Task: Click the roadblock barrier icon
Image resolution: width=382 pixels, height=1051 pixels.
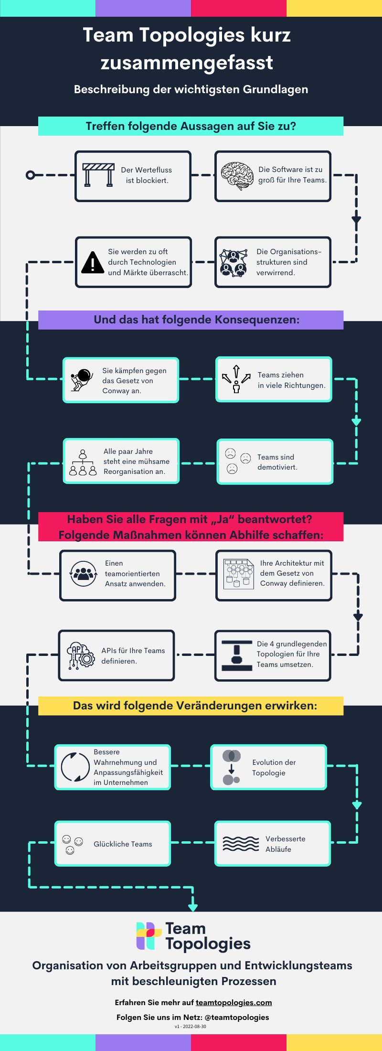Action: pyautogui.click(x=98, y=175)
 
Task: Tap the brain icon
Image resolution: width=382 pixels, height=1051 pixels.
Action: pyautogui.click(x=237, y=175)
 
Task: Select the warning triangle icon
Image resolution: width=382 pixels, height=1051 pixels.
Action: pyautogui.click(x=93, y=262)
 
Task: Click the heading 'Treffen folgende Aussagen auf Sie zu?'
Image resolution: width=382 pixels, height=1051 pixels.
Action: pyautogui.click(x=191, y=126)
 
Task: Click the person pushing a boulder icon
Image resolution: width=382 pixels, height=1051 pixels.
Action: pyautogui.click(x=82, y=380)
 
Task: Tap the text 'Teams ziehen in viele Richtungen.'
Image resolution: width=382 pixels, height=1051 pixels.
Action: pyautogui.click(x=291, y=380)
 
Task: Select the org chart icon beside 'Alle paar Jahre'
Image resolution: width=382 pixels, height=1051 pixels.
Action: pyautogui.click(x=83, y=462)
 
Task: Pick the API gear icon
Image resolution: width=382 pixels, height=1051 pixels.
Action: pyautogui.click(x=81, y=655)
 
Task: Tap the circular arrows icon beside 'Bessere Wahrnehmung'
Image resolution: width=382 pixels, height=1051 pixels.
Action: pyautogui.click(x=75, y=767)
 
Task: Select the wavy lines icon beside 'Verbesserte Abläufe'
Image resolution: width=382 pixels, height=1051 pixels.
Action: pyautogui.click(x=241, y=844)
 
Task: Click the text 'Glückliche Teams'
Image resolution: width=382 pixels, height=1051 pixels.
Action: pyautogui.click(x=123, y=844)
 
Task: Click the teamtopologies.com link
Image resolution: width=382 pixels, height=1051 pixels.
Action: pyautogui.click(x=233, y=1002)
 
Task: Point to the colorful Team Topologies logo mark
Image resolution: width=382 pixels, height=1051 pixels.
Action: pyautogui.click(x=149, y=936)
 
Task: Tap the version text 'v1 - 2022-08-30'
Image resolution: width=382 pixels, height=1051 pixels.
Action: pyautogui.click(x=191, y=1026)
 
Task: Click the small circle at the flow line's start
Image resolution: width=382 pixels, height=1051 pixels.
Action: pyautogui.click(x=30, y=175)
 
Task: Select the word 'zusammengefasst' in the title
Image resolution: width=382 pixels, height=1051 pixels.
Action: pyautogui.click(x=187, y=63)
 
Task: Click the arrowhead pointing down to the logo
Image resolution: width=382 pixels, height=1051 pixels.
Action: pyautogui.click(x=193, y=906)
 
